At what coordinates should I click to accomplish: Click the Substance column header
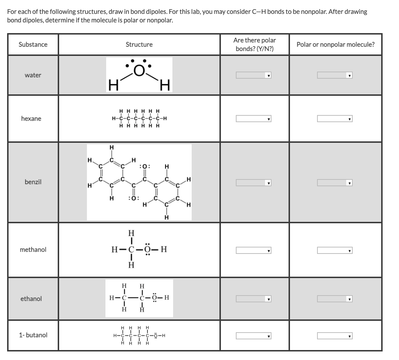[33, 45]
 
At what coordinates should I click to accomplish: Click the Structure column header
[139, 45]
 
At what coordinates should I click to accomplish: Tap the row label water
[33, 75]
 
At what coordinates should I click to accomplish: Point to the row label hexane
[31, 119]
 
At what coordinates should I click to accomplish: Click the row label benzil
[33, 182]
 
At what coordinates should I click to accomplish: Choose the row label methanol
[33, 250]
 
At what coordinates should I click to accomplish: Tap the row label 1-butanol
[33, 335]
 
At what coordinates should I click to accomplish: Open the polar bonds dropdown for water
[254, 75]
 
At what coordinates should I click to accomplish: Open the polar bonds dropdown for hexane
[254, 119]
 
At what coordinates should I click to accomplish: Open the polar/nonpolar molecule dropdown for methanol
[335, 251]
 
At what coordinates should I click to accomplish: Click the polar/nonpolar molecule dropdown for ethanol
[335, 299]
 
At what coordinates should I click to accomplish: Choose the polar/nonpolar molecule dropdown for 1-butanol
[335, 336]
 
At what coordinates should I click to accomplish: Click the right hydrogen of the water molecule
[165, 86]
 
